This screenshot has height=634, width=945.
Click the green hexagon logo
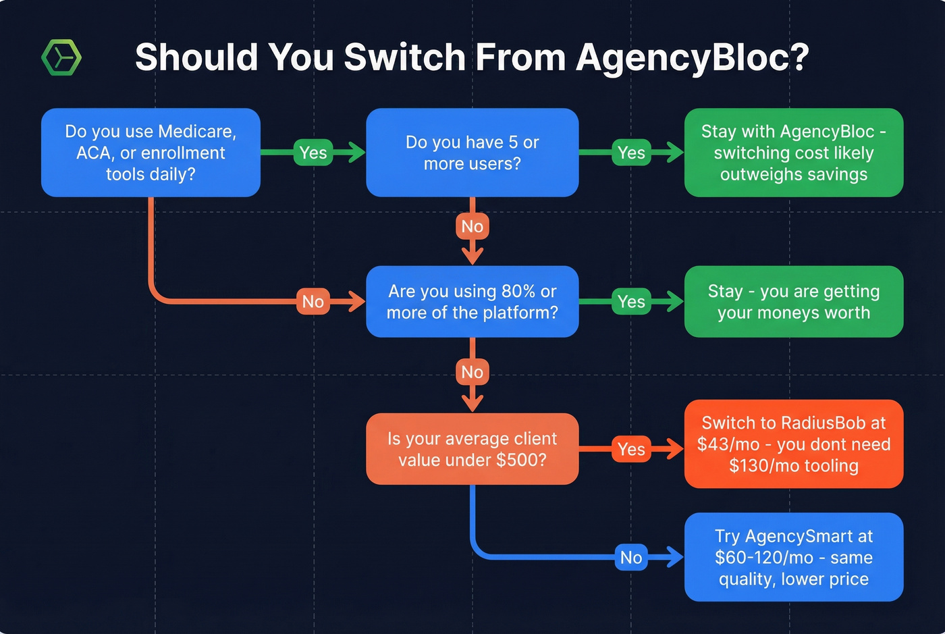61,57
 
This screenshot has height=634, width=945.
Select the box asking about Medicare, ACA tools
151,153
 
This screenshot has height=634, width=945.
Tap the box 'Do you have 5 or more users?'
472,153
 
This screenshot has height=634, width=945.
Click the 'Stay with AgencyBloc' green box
793,153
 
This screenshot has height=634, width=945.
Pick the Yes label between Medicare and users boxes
313,153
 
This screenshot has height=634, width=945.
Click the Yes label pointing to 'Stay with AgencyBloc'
631,153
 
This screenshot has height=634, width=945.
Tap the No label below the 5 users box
472,226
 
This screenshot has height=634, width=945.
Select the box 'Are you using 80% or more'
472,302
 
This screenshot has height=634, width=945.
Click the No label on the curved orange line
313,302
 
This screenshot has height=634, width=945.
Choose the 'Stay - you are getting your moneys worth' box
793,302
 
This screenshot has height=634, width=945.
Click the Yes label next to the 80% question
631,302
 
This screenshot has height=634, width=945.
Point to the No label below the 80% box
472,372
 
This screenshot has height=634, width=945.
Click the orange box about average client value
472,449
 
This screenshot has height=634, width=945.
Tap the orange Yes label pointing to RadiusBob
631,449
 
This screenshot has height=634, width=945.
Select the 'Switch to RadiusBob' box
793,444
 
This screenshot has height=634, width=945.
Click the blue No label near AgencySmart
631,558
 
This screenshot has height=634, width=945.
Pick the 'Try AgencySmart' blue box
793,558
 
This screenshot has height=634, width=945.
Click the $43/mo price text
728,444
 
